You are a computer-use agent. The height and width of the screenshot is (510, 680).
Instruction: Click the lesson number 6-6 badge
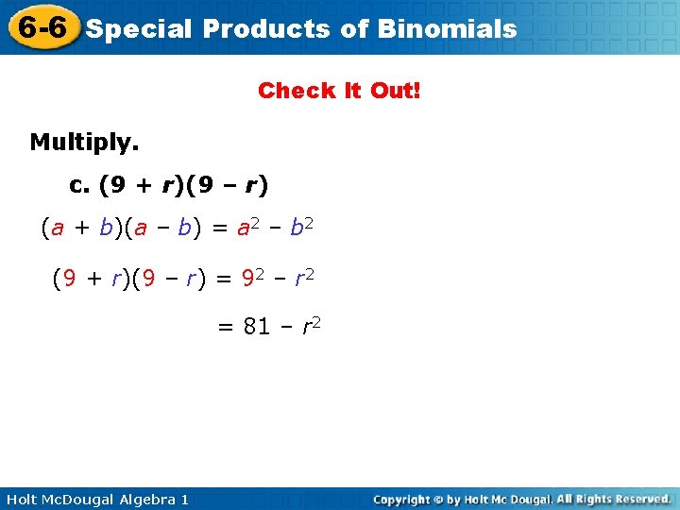pyautogui.click(x=40, y=27)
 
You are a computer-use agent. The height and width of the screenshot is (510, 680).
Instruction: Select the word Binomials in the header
pyautogui.click(x=447, y=28)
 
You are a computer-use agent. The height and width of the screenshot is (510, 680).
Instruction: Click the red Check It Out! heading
pyautogui.click(x=340, y=91)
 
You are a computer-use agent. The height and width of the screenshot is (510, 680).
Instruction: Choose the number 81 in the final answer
pyautogui.click(x=257, y=328)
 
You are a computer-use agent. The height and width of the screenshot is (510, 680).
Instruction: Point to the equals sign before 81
pyautogui.click(x=225, y=328)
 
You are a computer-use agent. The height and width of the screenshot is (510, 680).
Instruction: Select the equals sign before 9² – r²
pyautogui.click(x=223, y=279)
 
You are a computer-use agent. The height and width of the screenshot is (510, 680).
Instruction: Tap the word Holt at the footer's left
pyautogui.click(x=22, y=499)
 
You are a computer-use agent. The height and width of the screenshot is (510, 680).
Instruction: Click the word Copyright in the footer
pyautogui.click(x=405, y=499)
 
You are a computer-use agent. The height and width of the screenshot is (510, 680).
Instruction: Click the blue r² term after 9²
pyautogui.click(x=302, y=279)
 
